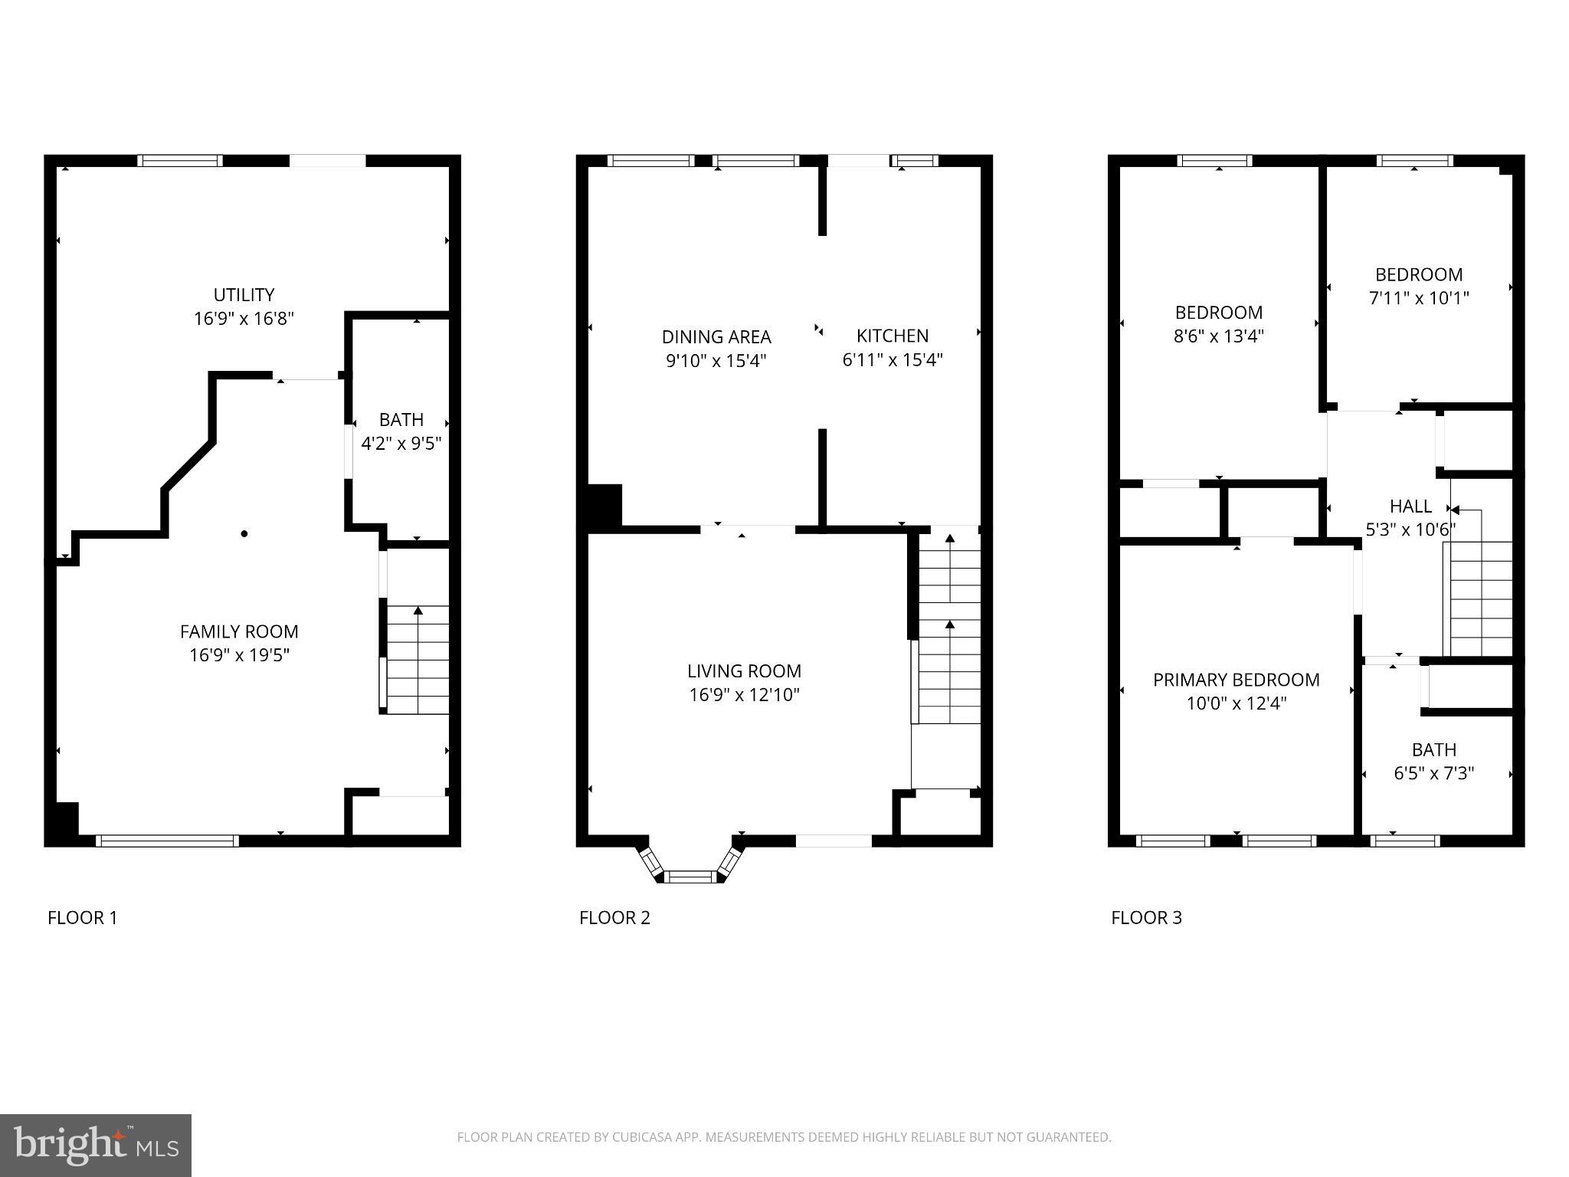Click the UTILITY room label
click(x=244, y=295)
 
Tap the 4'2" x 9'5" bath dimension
click(x=401, y=444)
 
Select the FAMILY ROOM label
click(x=239, y=631)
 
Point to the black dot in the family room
click(x=244, y=533)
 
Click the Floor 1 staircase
click(x=418, y=659)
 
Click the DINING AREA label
click(x=716, y=336)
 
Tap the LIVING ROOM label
click(x=744, y=671)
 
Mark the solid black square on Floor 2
click(x=604, y=506)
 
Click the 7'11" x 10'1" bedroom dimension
click(x=1419, y=298)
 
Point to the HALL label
click(x=1410, y=507)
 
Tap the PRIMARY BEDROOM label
click(x=1236, y=680)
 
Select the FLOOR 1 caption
click(x=83, y=918)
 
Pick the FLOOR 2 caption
click(x=614, y=918)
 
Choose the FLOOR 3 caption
click(x=1146, y=918)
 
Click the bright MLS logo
click(x=96, y=1145)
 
